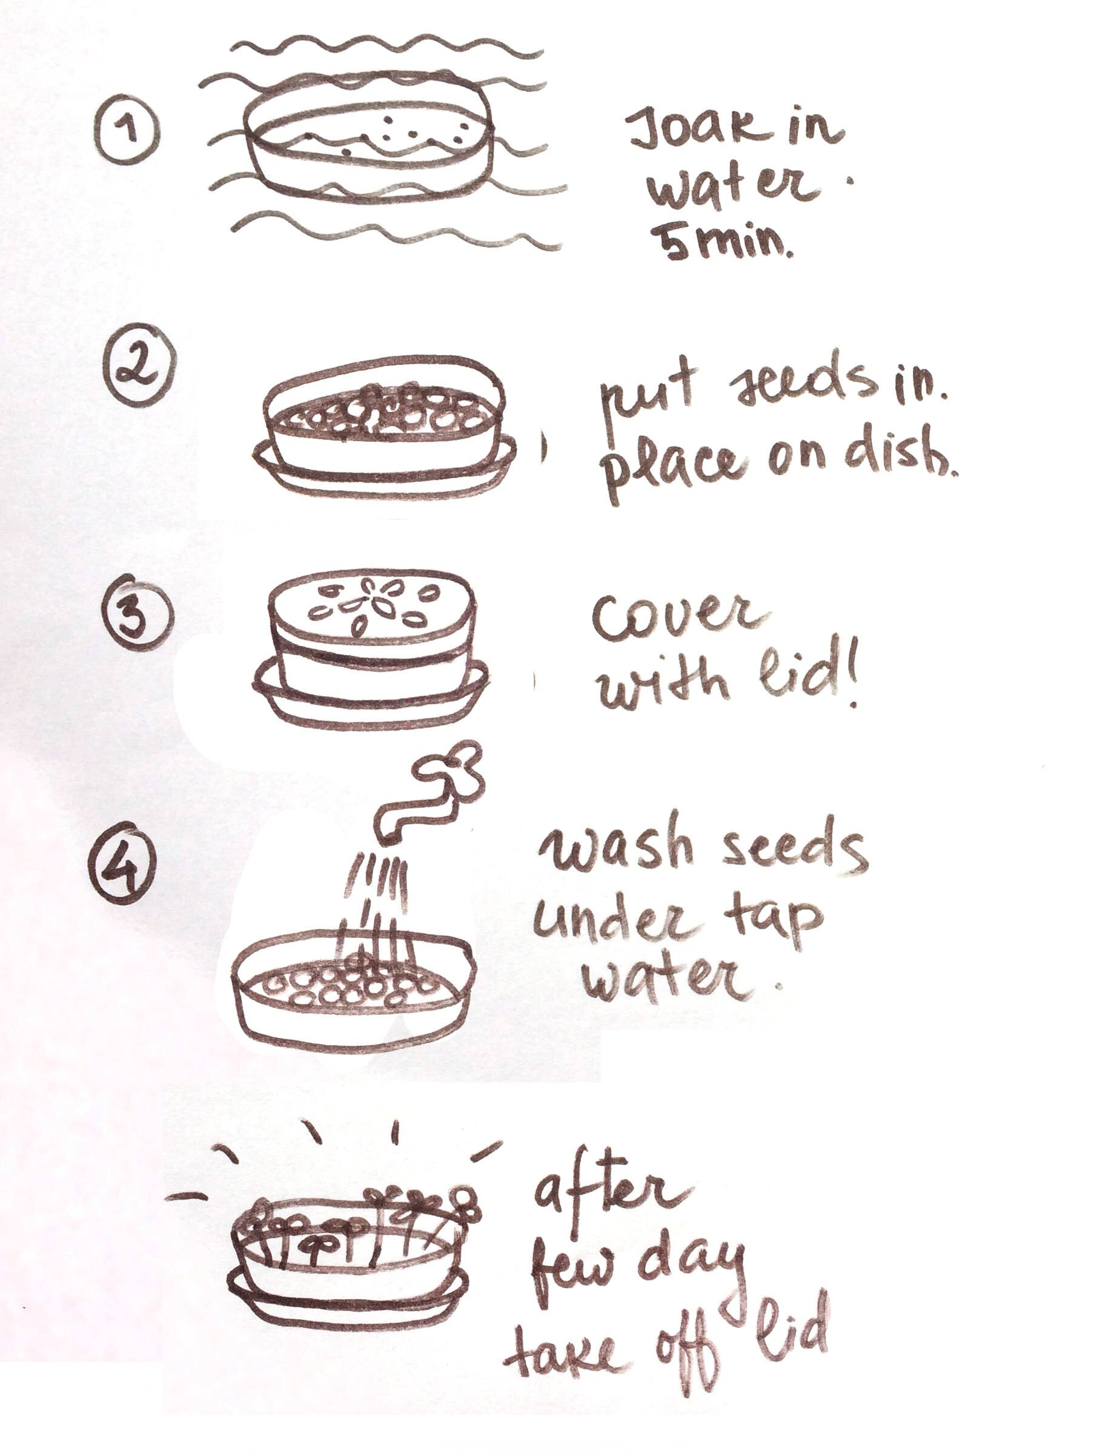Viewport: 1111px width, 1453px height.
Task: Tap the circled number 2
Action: click(x=139, y=367)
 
